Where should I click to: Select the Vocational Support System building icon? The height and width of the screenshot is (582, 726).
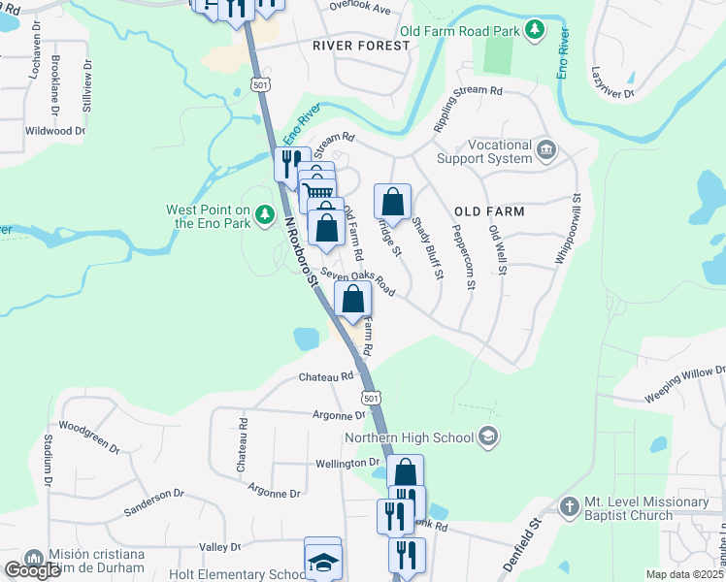[546, 150]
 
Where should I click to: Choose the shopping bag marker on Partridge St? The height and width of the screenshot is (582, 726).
[392, 203]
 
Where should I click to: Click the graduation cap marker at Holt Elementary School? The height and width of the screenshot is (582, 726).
[322, 560]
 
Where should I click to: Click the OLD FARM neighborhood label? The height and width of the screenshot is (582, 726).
[489, 211]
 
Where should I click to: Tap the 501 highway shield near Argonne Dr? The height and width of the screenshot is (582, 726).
[370, 399]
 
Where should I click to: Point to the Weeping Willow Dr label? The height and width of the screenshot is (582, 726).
[685, 384]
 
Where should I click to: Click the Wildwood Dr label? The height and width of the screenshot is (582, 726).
[55, 130]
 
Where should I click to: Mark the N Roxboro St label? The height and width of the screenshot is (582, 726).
[301, 250]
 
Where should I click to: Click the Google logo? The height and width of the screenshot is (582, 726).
[32, 569]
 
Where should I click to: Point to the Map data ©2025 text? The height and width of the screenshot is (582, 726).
[684, 574]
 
